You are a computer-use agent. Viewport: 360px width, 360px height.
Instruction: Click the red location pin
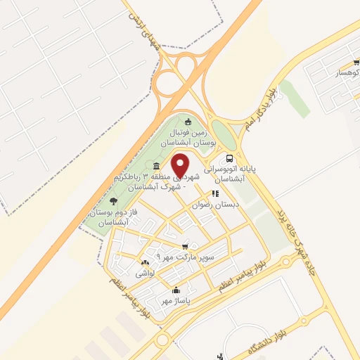181,166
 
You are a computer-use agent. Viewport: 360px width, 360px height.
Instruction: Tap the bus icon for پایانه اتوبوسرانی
229,158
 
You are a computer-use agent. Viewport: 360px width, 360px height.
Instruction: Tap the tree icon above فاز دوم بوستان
113,202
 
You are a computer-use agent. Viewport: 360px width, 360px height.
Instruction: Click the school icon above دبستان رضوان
215,193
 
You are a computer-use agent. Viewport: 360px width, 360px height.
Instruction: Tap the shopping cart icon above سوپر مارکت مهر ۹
185,246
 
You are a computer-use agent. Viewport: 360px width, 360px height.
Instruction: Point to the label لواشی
145,272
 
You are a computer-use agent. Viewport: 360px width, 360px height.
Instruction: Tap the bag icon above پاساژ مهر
175,290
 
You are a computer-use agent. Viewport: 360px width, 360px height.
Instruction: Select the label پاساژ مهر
175,300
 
